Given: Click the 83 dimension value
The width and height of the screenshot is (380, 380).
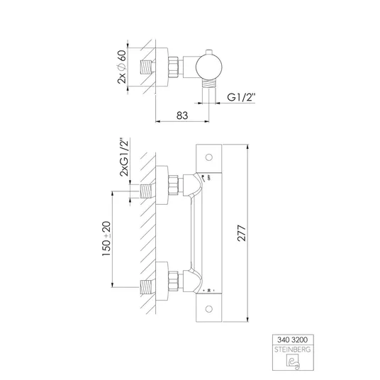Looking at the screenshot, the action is (182, 116).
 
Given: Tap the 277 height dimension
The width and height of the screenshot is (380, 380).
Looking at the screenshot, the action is (242, 233).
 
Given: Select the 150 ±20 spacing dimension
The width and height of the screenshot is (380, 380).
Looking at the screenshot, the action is (106, 238).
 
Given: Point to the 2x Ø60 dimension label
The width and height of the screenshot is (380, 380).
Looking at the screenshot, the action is (122, 67).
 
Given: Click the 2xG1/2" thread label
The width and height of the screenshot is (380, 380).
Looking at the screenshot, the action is (124, 157).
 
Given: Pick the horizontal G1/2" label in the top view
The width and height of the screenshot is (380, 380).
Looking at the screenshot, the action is (241, 97).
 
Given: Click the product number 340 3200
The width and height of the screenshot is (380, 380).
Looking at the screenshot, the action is (292, 340).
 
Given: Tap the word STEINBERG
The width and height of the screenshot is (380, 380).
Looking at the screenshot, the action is (292, 350).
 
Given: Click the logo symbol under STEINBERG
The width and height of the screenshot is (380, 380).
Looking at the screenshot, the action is (293, 362).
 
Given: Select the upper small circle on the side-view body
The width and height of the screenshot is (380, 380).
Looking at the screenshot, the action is (209, 157).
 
